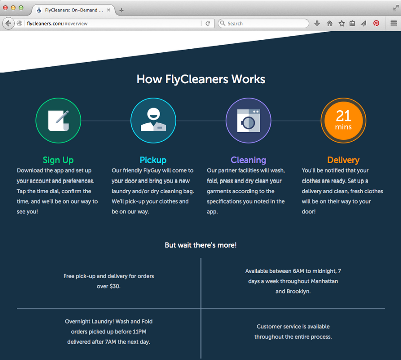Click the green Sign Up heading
58,160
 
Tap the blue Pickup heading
153,160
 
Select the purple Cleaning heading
248,160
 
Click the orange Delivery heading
343,160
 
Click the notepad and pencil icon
58,120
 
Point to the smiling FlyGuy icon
153,120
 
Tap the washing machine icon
248,120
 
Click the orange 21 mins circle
343,120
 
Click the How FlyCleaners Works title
200,79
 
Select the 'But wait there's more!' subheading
200,245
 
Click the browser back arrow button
8,23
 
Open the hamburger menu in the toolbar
393,23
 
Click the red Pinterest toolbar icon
376,23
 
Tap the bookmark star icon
342,23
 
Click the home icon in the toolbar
330,23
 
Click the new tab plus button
121,10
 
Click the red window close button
6,8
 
